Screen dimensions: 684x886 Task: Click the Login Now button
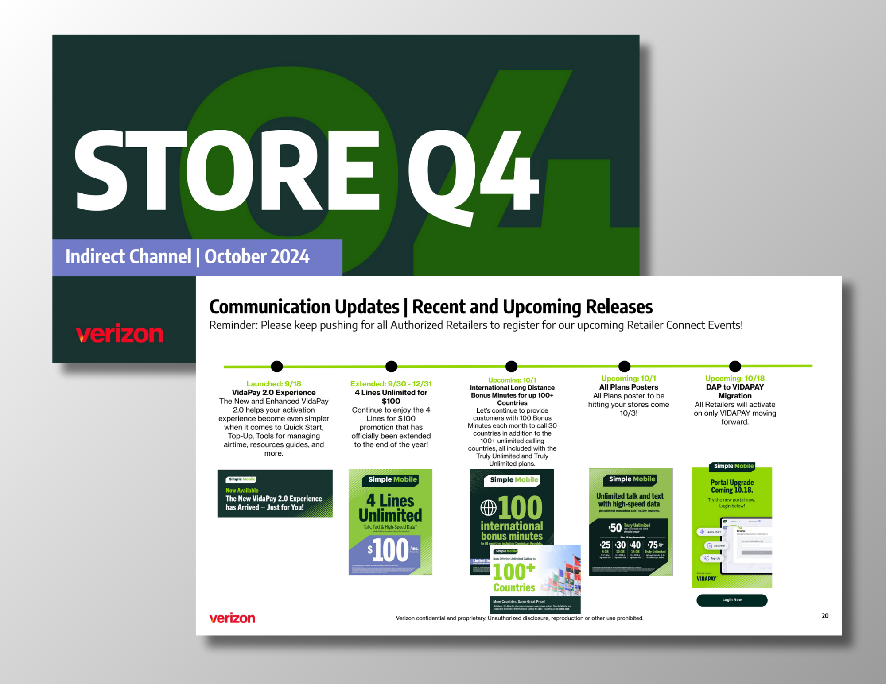pyautogui.click(x=732, y=600)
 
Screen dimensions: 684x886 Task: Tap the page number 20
pyautogui.click(x=825, y=616)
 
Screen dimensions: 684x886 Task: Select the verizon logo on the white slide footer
pyautogui.click(x=232, y=618)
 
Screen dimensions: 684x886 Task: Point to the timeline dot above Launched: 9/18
pyautogui.click(x=277, y=366)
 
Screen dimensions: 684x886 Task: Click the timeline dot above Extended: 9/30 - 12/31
pyautogui.click(x=391, y=366)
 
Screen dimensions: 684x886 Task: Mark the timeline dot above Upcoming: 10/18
pyautogui.click(x=735, y=366)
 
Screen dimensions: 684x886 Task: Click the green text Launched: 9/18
pyautogui.click(x=273, y=384)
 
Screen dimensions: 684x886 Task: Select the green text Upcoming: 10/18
pyautogui.click(x=734, y=379)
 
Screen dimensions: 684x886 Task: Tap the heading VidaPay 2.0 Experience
pyautogui.click(x=273, y=392)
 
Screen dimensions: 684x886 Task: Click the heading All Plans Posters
pyautogui.click(x=628, y=387)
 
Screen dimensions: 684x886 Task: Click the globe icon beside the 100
pyautogui.click(x=488, y=507)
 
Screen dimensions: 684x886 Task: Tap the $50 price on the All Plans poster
pyautogui.click(x=615, y=528)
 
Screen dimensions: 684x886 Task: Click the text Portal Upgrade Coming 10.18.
pyautogui.click(x=732, y=486)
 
